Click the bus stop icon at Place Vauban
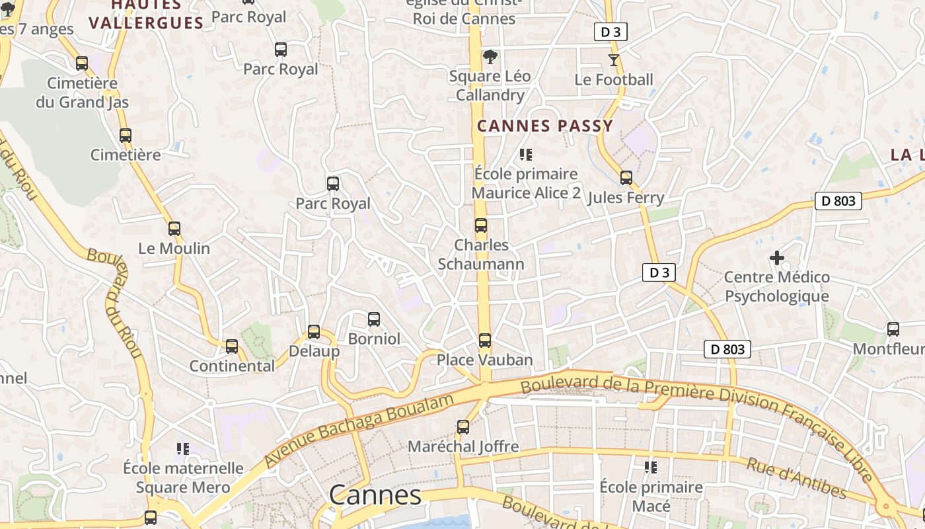[485, 341]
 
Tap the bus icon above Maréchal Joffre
[463, 427]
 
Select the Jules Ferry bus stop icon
[626, 178]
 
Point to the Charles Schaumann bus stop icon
[481, 225]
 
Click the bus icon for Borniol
[374, 320]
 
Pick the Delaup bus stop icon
[314, 332]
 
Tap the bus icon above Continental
[232, 346]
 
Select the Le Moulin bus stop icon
[174, 229]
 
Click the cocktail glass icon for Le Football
[614, 60]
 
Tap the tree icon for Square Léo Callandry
[490, 57]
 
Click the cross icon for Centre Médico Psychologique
[777, 257]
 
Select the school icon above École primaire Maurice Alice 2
[526, 155]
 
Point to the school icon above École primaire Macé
[651, 468]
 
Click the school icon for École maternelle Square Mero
[183, 449]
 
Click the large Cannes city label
[375, 495]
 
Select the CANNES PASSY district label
[545, 126]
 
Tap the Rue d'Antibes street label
[796, 477]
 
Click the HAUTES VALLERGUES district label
[146, 15]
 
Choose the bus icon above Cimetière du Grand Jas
[82, 63]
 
